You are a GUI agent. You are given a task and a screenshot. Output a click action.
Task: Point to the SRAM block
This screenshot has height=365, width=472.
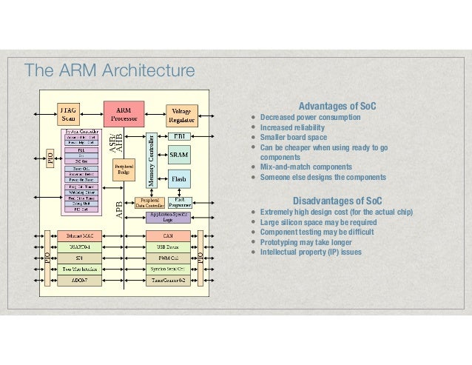179,155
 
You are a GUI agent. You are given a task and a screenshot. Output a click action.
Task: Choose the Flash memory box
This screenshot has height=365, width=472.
179,178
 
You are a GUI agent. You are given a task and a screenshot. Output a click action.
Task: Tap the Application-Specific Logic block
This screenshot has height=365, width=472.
172,216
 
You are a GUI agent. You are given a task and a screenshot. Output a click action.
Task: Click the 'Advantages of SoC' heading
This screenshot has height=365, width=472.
337,107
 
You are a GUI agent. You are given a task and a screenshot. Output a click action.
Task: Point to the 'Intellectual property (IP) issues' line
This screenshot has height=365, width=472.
311,252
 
